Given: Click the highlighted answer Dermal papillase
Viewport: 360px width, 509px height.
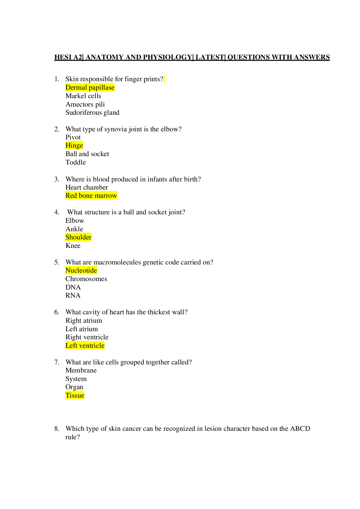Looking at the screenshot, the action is [90, 88].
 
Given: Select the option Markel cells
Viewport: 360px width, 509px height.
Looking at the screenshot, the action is [83, 96].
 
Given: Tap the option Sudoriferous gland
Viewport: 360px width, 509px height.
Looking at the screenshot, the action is [92, 113].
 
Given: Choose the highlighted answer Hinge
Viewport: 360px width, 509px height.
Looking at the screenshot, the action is [74, 146].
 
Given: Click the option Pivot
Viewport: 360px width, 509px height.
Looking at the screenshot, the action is [73, 137].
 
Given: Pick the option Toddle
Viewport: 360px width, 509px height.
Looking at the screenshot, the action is [76, 162].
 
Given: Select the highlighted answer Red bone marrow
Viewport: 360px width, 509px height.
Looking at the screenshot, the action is [91, 195].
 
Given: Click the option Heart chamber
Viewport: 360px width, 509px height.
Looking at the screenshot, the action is [87, 187].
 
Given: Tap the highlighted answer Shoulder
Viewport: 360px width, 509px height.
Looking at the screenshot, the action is [78, 237].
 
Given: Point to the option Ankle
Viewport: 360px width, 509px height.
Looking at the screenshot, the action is [74, 229].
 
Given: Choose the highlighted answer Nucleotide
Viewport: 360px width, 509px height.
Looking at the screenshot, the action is [81, 271].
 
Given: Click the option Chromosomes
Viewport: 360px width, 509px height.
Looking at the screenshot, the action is [86, 279].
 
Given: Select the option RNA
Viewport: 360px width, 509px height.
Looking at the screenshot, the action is [73, 295].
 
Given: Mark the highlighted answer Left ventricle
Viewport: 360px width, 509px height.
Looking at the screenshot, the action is [85, 345].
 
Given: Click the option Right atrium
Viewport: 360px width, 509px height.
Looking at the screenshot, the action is [84, 321].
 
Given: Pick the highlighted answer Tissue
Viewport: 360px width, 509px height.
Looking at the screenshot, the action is [75, 395].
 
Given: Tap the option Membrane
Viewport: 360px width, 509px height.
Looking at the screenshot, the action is [81, 370].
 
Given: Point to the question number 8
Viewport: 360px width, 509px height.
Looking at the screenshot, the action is [56, 429].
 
